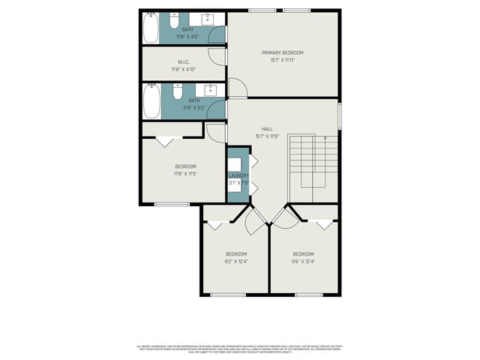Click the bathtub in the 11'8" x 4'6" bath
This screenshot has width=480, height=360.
coord(150,27)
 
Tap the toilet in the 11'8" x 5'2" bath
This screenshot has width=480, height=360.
coord(177,92)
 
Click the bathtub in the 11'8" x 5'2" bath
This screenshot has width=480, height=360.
coord(150,101)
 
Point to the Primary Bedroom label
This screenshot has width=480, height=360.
coord(282,52)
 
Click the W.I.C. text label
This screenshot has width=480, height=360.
coord(183,61)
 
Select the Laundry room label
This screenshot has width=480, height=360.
coord(238,175)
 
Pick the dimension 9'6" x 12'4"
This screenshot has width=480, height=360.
coord(303,262)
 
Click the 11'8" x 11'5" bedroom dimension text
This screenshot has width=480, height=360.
coord(185,174)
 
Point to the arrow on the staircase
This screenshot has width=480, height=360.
coord(325,139)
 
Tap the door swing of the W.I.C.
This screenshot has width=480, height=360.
coord(217,56)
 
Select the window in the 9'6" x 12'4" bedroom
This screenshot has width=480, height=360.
coord(309,295)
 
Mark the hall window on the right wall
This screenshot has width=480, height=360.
coord(339,115)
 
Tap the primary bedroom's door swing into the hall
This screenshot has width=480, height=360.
coord(237,88)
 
